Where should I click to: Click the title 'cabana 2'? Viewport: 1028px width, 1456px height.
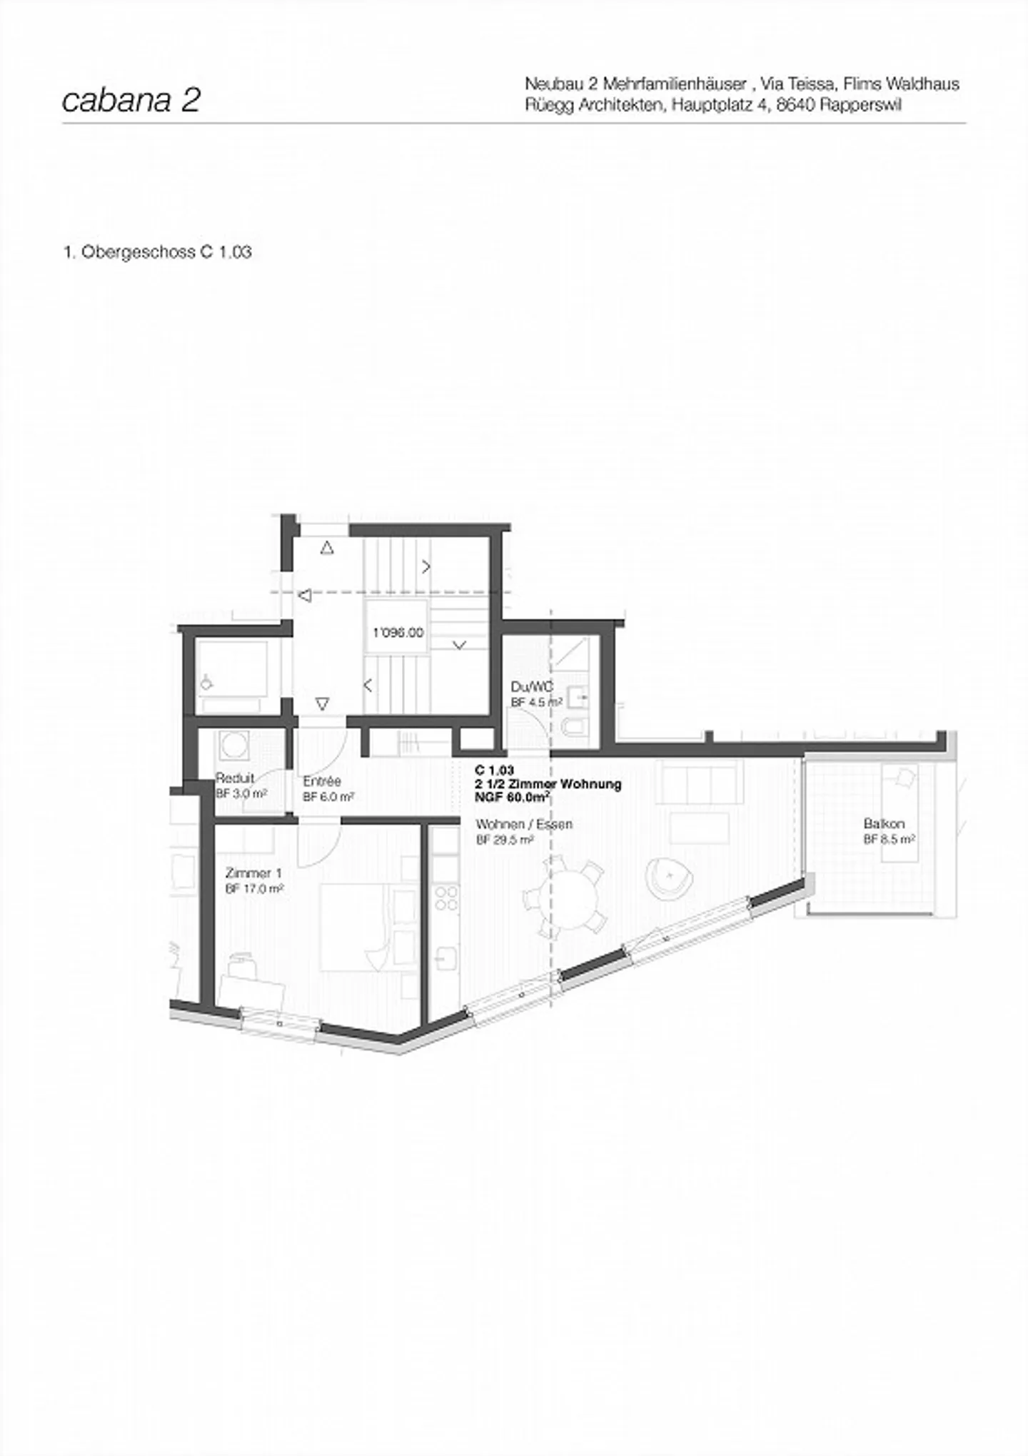click(x=131, y=101)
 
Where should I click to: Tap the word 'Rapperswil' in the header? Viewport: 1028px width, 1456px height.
click(x=861, y=105)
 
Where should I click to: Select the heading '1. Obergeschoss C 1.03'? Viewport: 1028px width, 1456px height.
click(x=158, y=252)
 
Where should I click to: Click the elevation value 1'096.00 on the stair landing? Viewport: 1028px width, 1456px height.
click(x=398, y=633)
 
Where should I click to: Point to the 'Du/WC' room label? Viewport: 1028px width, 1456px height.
click(x=532, y=687)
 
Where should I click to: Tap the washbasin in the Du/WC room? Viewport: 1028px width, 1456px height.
click(x=576, y=693)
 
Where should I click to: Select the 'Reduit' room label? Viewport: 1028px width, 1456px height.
click(x=235, y=778)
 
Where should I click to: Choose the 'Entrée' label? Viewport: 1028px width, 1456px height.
click(x=322, y=781)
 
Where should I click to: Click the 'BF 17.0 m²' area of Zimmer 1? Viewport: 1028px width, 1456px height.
click(x=255, y=889)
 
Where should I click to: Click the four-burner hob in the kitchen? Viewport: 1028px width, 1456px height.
click(x=446, y=898)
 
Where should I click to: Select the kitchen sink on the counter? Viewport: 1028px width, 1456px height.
click(x=446, y=957)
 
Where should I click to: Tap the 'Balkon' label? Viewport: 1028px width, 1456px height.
click(x=884, y=824)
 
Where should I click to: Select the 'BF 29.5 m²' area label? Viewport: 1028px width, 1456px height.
click(x=505, y=840)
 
